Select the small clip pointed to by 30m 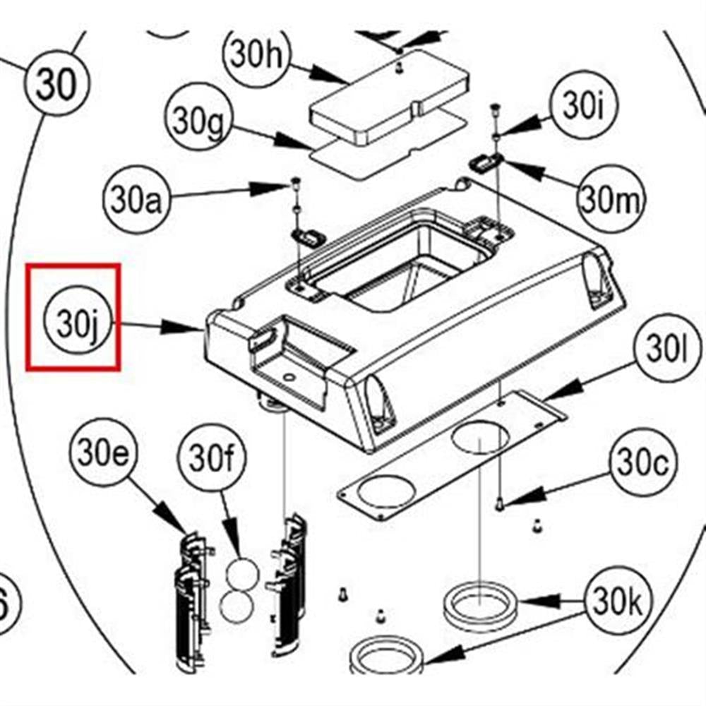pyautogui.click(x=486, y=162)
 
